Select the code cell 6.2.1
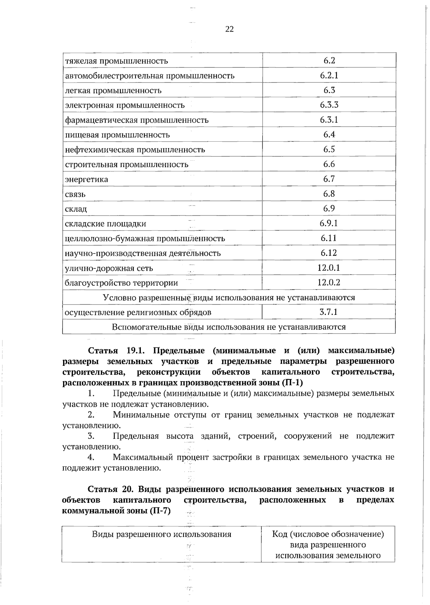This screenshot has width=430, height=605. [329, 75]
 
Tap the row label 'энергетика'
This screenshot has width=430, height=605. [86, 179]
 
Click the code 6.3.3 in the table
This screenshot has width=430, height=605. [329, 105]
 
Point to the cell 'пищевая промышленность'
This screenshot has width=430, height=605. [117, 135]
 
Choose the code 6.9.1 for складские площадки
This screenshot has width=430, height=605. [329, 223]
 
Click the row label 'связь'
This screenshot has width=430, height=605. [75, 194]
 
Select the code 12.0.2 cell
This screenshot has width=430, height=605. [329, 283]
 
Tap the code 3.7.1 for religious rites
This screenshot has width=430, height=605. [329, 312]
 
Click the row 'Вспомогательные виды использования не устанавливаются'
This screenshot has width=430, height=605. [229, 327]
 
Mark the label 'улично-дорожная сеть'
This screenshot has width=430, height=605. [109, 268]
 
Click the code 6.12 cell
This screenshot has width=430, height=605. [329, 253]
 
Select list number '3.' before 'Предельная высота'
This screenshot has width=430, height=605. [91, 436]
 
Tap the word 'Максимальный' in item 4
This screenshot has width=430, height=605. [143, 457]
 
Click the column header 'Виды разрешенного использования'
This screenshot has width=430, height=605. [162, 534]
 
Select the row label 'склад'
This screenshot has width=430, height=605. [76, 209]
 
